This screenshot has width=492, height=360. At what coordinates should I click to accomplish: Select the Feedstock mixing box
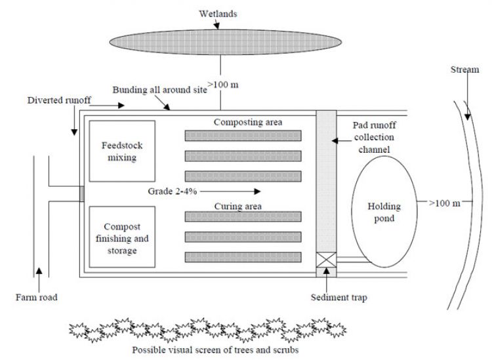122,151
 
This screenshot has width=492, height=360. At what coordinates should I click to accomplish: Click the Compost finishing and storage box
122,237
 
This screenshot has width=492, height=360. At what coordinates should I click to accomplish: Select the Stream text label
464,70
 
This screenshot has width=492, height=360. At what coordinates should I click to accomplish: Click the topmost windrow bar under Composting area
243,136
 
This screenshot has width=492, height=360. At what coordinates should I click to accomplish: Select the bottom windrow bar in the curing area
243,256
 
